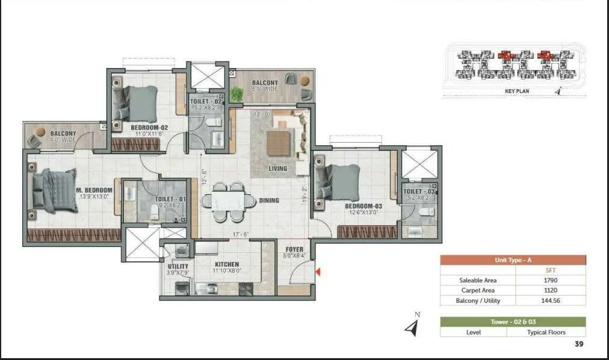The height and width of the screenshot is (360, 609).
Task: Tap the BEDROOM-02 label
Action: click(x=149, y=127)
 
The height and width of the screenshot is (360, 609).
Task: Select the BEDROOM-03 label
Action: click(x=363, y=206)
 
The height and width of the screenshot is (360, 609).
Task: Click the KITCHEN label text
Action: click(x=226, y=264)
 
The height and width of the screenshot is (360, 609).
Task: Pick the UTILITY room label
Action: click(x=178, y=266)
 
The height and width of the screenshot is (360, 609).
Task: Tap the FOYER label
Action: click(x=294, y=249)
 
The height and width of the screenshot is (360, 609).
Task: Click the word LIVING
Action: click(x=277, y=169)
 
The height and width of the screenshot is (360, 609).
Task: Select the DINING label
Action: click(x=269, y=200)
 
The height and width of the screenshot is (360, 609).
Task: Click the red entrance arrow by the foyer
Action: click(x=318, y=273)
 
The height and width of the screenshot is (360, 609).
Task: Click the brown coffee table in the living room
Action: click(x=278, y=143)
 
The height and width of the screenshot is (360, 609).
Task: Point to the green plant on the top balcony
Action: click(x=237, y=94)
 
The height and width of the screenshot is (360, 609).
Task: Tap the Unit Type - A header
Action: click(x=513, y=260)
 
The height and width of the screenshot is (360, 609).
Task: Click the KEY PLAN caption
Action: click(x=517, y=92)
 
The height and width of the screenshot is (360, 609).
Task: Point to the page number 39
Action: click(x=578, y=344)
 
